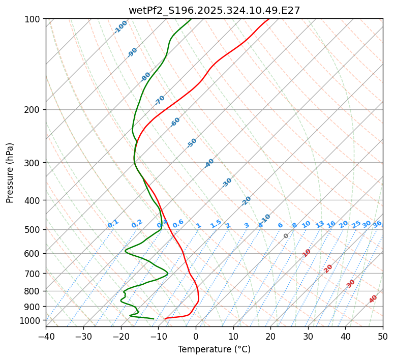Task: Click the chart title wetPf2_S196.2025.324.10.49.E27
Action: [214, 10]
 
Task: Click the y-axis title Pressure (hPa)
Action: [10, 173]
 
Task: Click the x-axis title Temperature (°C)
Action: [214, 350]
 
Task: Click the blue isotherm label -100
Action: [121, 27]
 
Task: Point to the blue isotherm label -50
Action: [192, 143]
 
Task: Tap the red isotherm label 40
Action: [373, 299]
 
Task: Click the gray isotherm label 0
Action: [286, 236]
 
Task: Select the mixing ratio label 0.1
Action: [113, 224]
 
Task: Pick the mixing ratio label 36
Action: [377, 224]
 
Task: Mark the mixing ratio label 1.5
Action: [216, 224]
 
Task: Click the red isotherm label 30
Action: [351, 284]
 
